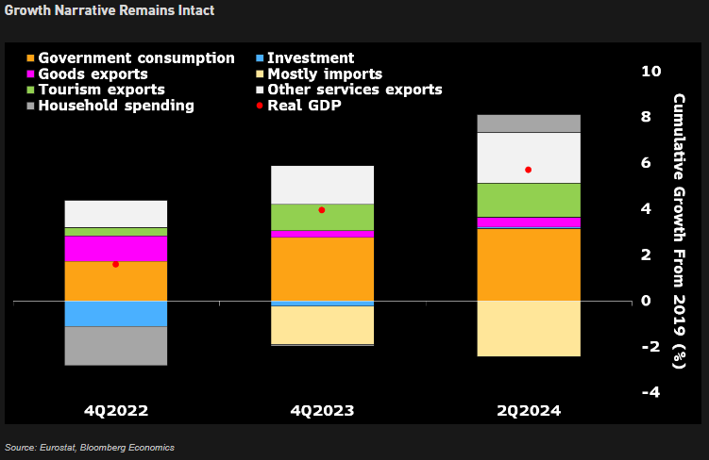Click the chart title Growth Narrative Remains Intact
[108, 10]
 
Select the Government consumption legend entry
[136, 58]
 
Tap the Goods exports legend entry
[93, 74]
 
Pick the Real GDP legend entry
[304, 106]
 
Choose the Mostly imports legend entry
[324, 74]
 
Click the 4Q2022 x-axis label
[115, 412]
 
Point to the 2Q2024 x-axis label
[528, 412]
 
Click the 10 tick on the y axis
[650, 72]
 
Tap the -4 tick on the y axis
[650, 392]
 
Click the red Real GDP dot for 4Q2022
[115, 265]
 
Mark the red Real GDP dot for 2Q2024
[528, 170]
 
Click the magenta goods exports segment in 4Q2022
[115, 249]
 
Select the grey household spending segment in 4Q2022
[115, 346]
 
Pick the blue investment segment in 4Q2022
[115, 314]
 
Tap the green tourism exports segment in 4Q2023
[322, 217]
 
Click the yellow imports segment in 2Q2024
[528, 329]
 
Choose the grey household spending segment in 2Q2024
[528, 123]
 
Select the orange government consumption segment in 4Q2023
[322, 269]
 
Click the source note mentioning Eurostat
[89, 447]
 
